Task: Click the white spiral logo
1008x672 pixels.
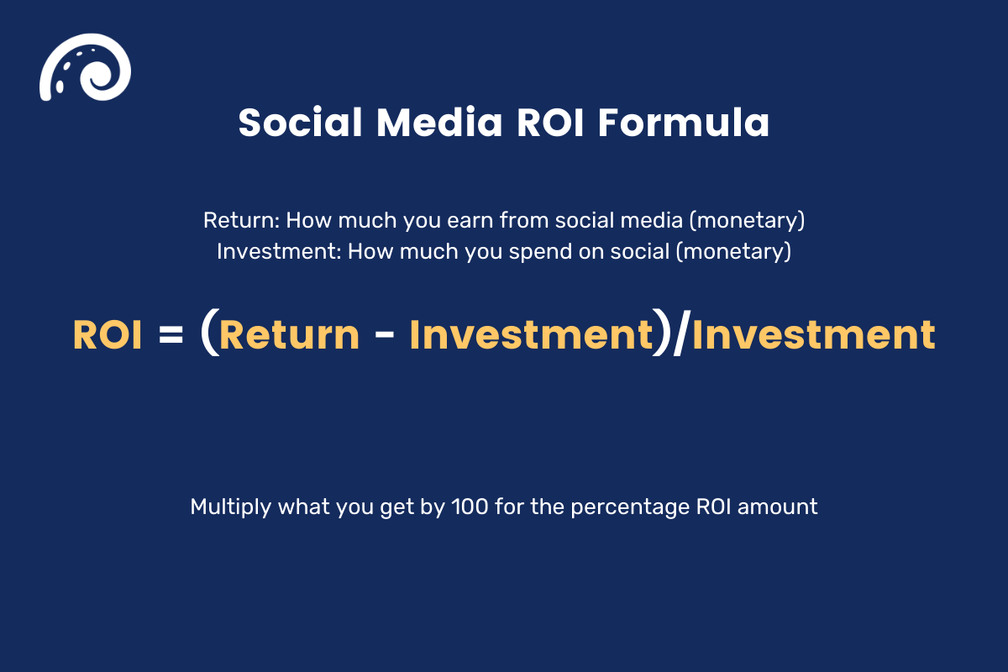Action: pos(84,66)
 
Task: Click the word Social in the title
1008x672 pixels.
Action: pos(300,123)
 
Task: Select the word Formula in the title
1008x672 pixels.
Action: pos(683,123)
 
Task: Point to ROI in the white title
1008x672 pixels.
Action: pos(550,123)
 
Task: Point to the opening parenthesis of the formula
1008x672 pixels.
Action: pos(208,335)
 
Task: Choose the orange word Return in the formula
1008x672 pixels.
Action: pos(289,335)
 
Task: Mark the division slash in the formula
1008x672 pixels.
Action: pos(680,335)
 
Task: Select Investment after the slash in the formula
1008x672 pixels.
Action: pos(812,335)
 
